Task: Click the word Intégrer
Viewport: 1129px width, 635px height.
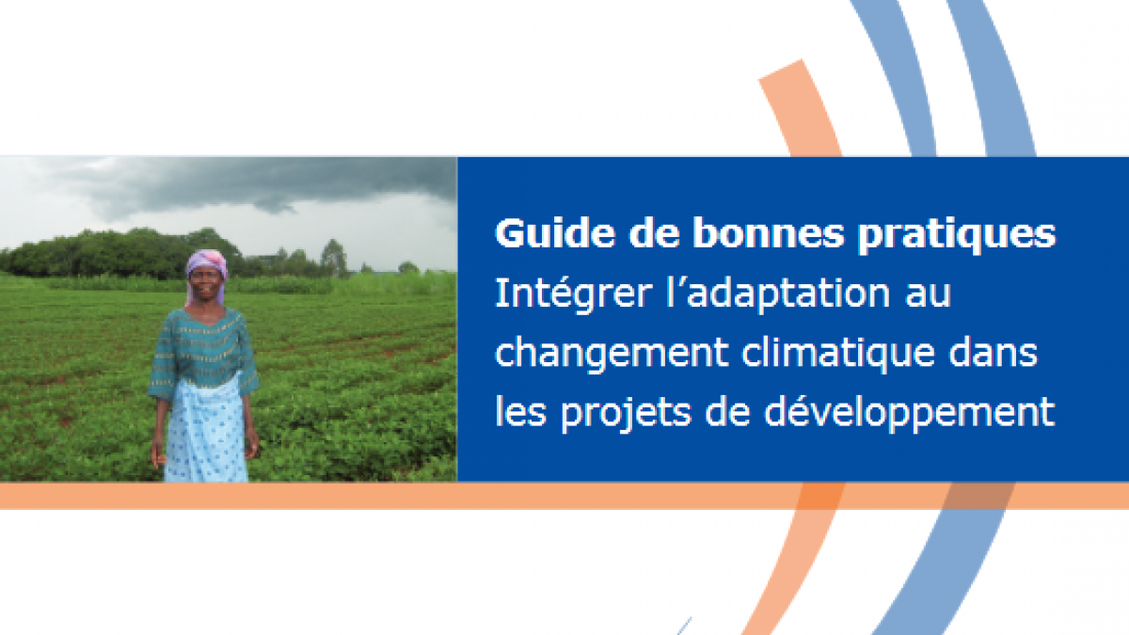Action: pos(572,294)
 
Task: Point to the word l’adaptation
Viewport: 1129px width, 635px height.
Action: pos(778,294)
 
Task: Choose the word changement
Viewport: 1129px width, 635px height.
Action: pos(612,355)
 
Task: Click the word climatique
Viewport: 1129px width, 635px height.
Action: pos(838,355)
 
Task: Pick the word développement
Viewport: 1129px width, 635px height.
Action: pos(909,413)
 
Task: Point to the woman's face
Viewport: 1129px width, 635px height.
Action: pos(206,283)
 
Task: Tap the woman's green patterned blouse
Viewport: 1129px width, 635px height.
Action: pos(203,348)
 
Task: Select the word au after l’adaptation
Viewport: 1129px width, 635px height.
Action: pos(928,296)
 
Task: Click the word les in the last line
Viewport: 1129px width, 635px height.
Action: pos(520,411)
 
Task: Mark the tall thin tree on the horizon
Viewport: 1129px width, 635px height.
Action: pos(333,257)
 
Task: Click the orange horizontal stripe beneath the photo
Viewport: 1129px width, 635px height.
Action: pos(564,496)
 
